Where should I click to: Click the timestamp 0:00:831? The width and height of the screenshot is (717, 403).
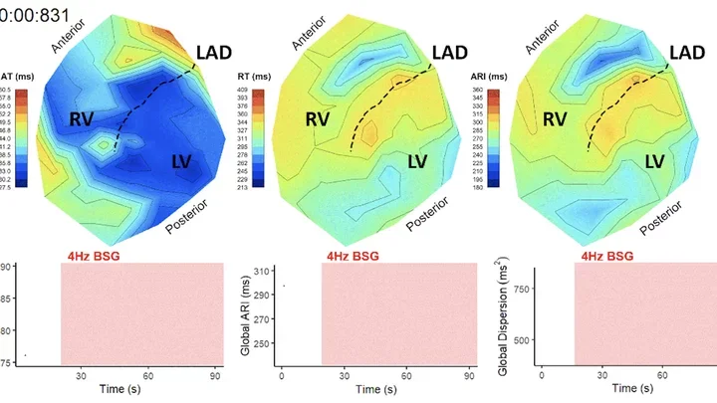coord(31,13)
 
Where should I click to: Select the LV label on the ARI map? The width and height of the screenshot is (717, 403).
coord(655,161)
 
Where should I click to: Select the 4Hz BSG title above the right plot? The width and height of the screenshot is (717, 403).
coord(604,256)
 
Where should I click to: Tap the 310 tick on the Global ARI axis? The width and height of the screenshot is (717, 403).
coord(262,271)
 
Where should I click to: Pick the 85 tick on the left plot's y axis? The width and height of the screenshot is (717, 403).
coord(5,300)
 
